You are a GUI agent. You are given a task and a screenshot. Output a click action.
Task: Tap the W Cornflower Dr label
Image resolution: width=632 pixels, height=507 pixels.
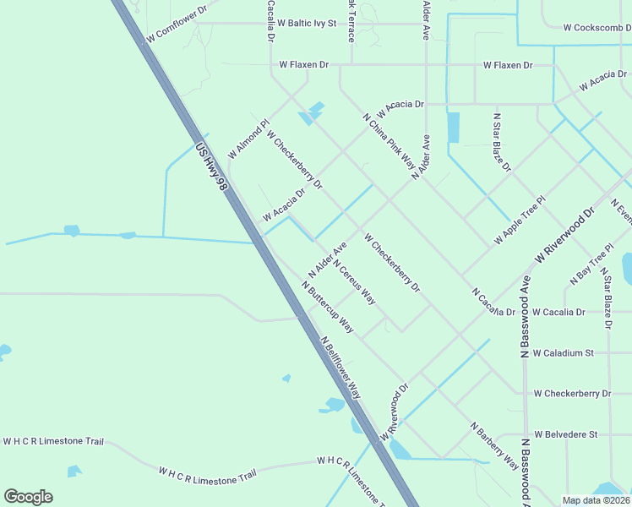177,25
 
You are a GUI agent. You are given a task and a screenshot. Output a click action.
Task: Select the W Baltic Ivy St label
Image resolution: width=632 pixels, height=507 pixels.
307,23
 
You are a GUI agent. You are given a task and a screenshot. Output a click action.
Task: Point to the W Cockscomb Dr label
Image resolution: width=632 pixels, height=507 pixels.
597,27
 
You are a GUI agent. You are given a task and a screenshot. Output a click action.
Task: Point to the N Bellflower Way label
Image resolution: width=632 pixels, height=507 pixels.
341,368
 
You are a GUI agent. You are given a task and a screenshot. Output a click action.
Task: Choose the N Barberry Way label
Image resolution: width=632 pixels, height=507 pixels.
494,445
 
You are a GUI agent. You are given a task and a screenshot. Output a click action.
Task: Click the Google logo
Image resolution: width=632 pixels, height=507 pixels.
28,497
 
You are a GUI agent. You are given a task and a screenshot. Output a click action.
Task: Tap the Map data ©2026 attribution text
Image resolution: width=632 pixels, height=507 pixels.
596,500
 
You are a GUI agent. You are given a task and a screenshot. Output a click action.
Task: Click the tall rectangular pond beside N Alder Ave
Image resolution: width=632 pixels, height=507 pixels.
453,128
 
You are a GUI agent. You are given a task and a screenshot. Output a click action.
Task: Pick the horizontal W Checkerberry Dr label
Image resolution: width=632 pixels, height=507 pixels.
572,394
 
